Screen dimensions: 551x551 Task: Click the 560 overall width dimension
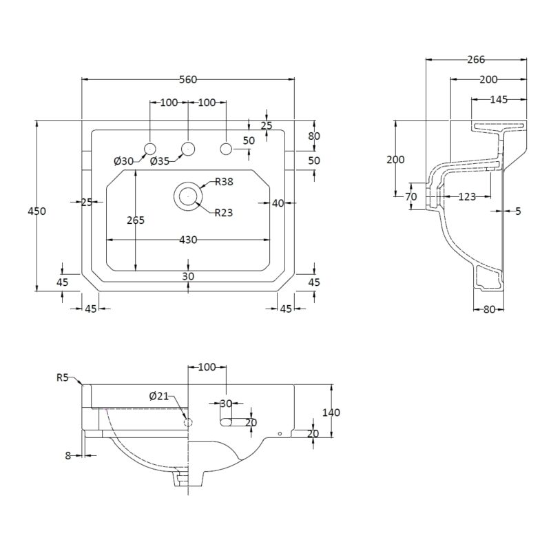pos(188,79)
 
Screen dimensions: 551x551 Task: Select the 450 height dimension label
pos(37,211)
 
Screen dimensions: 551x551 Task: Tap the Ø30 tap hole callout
pos(124,161)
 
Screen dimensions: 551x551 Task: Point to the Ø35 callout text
pos(160,161)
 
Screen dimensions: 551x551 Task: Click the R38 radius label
pos(224,182)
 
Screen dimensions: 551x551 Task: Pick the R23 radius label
pos(224,213)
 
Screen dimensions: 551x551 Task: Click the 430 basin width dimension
pos(188,240)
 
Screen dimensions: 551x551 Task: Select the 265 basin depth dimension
pos(136,220)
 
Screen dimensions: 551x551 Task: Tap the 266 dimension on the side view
pos(476,60)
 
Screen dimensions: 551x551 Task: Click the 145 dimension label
pos(499,100)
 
